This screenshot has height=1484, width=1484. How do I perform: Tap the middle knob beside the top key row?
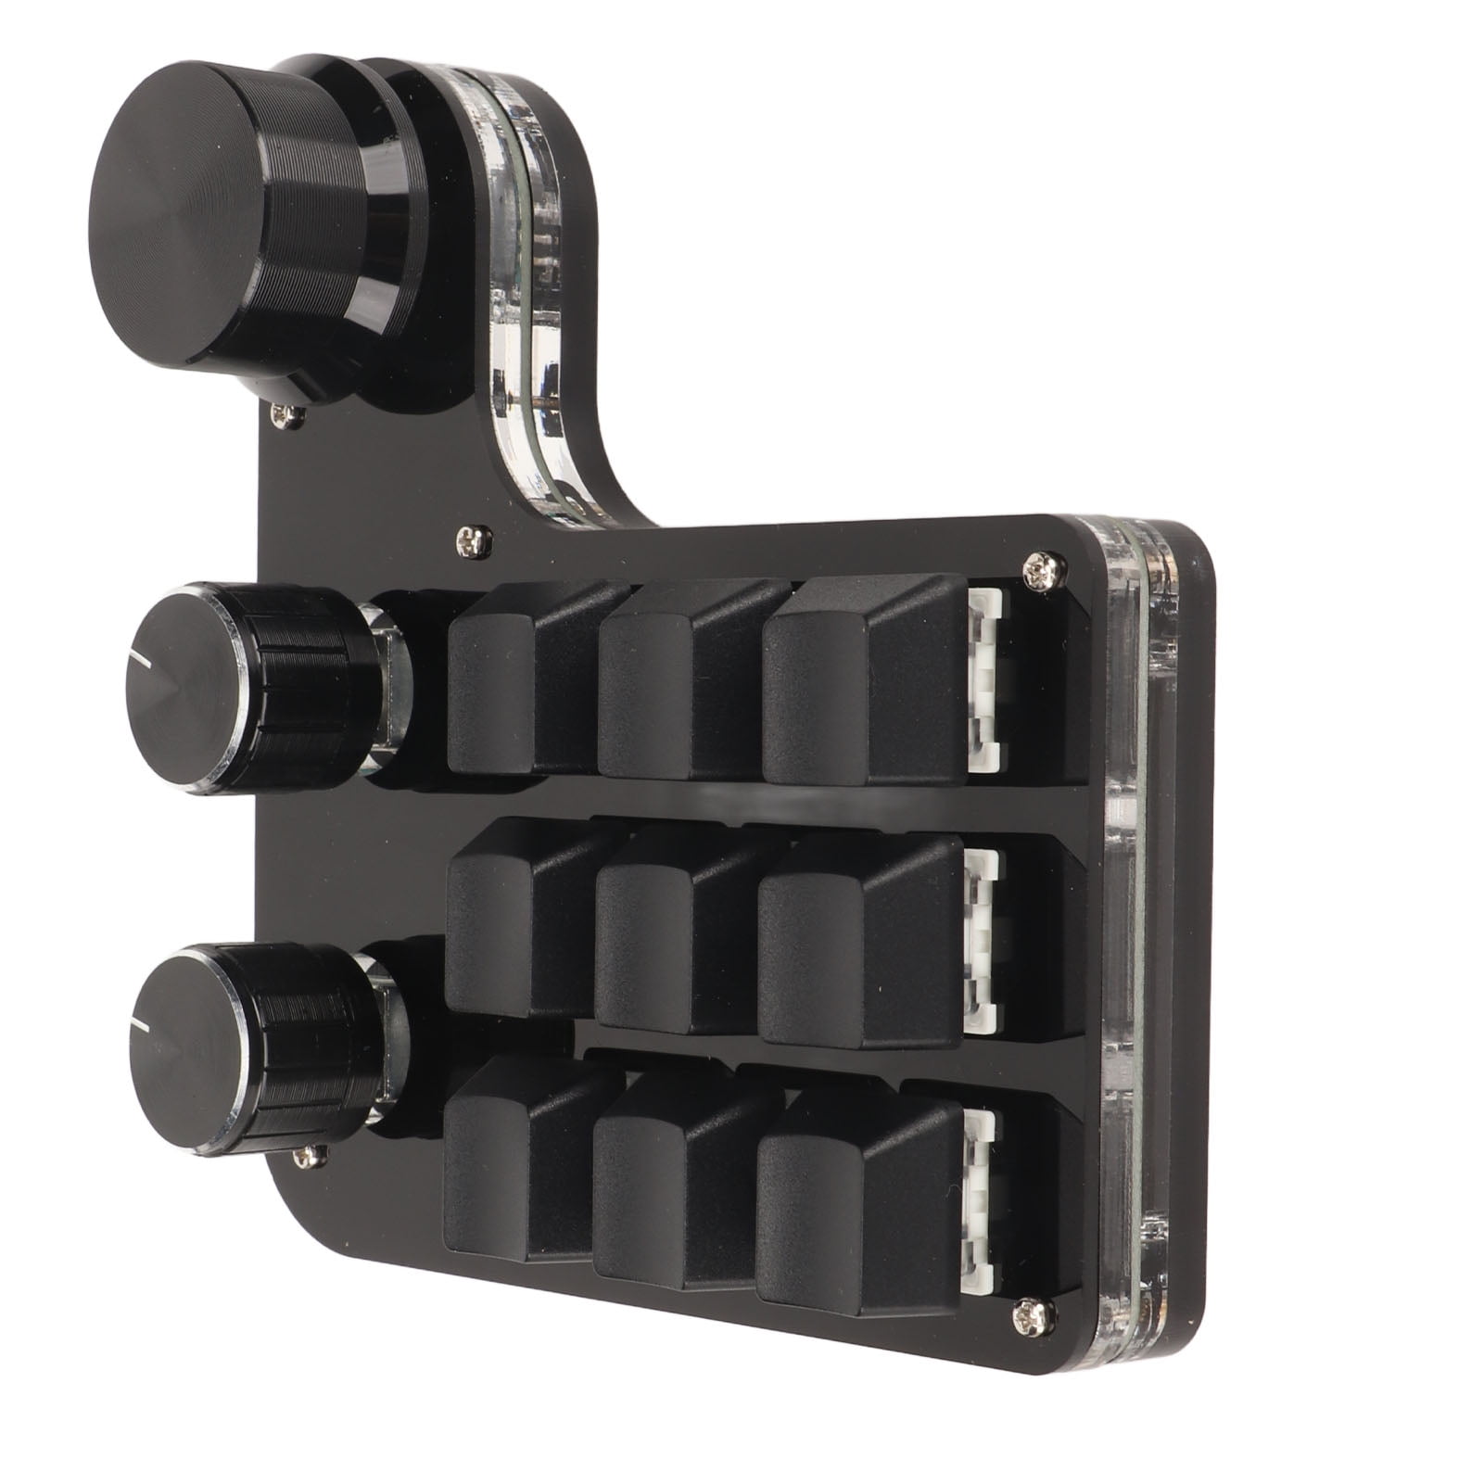pos(250,686)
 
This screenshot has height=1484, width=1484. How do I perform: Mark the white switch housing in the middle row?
pos(984,936)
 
